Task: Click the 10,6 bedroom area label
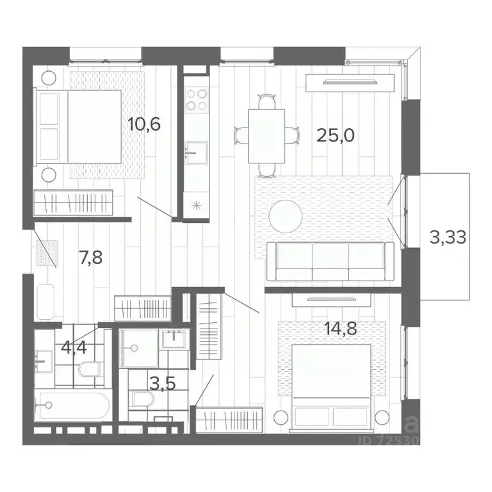pos(143,123)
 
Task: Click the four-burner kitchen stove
pos(196,99)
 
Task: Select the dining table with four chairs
pos(266,135)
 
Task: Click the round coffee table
pos(285,216)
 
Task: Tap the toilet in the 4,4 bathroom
pos(91,370)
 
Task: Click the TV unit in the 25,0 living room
pos(350,82)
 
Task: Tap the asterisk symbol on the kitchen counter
pos(196,205)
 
